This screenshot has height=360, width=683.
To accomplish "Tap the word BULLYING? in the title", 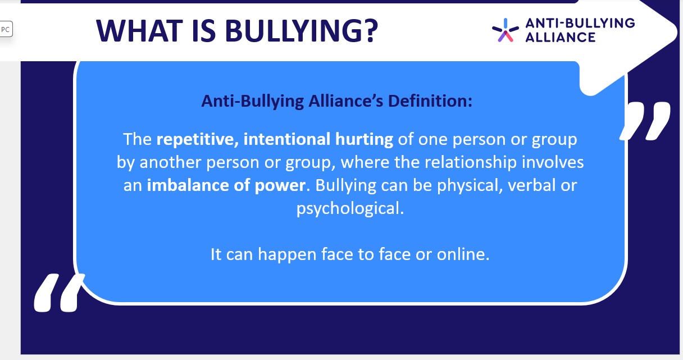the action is point(302,31).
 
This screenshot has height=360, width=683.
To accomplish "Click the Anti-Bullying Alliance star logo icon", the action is point(506,30).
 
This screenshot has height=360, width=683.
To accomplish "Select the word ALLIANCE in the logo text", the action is point(560,38).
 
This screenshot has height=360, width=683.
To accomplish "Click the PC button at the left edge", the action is point(6,29).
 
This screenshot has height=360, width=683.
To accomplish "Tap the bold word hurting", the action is point(364,140).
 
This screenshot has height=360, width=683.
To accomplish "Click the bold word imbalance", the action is point(188,185).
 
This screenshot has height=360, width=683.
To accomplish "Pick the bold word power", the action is point(280,186).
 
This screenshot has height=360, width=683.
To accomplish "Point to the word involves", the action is point(553,162).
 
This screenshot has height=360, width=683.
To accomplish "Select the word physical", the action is point(470,186).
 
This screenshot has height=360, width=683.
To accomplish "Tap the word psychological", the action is point(350,209).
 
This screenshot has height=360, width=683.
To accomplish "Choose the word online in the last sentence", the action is point(463,254).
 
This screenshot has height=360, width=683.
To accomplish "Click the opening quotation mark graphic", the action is point(58,293).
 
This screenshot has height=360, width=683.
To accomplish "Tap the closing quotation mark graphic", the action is point(645,121).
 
